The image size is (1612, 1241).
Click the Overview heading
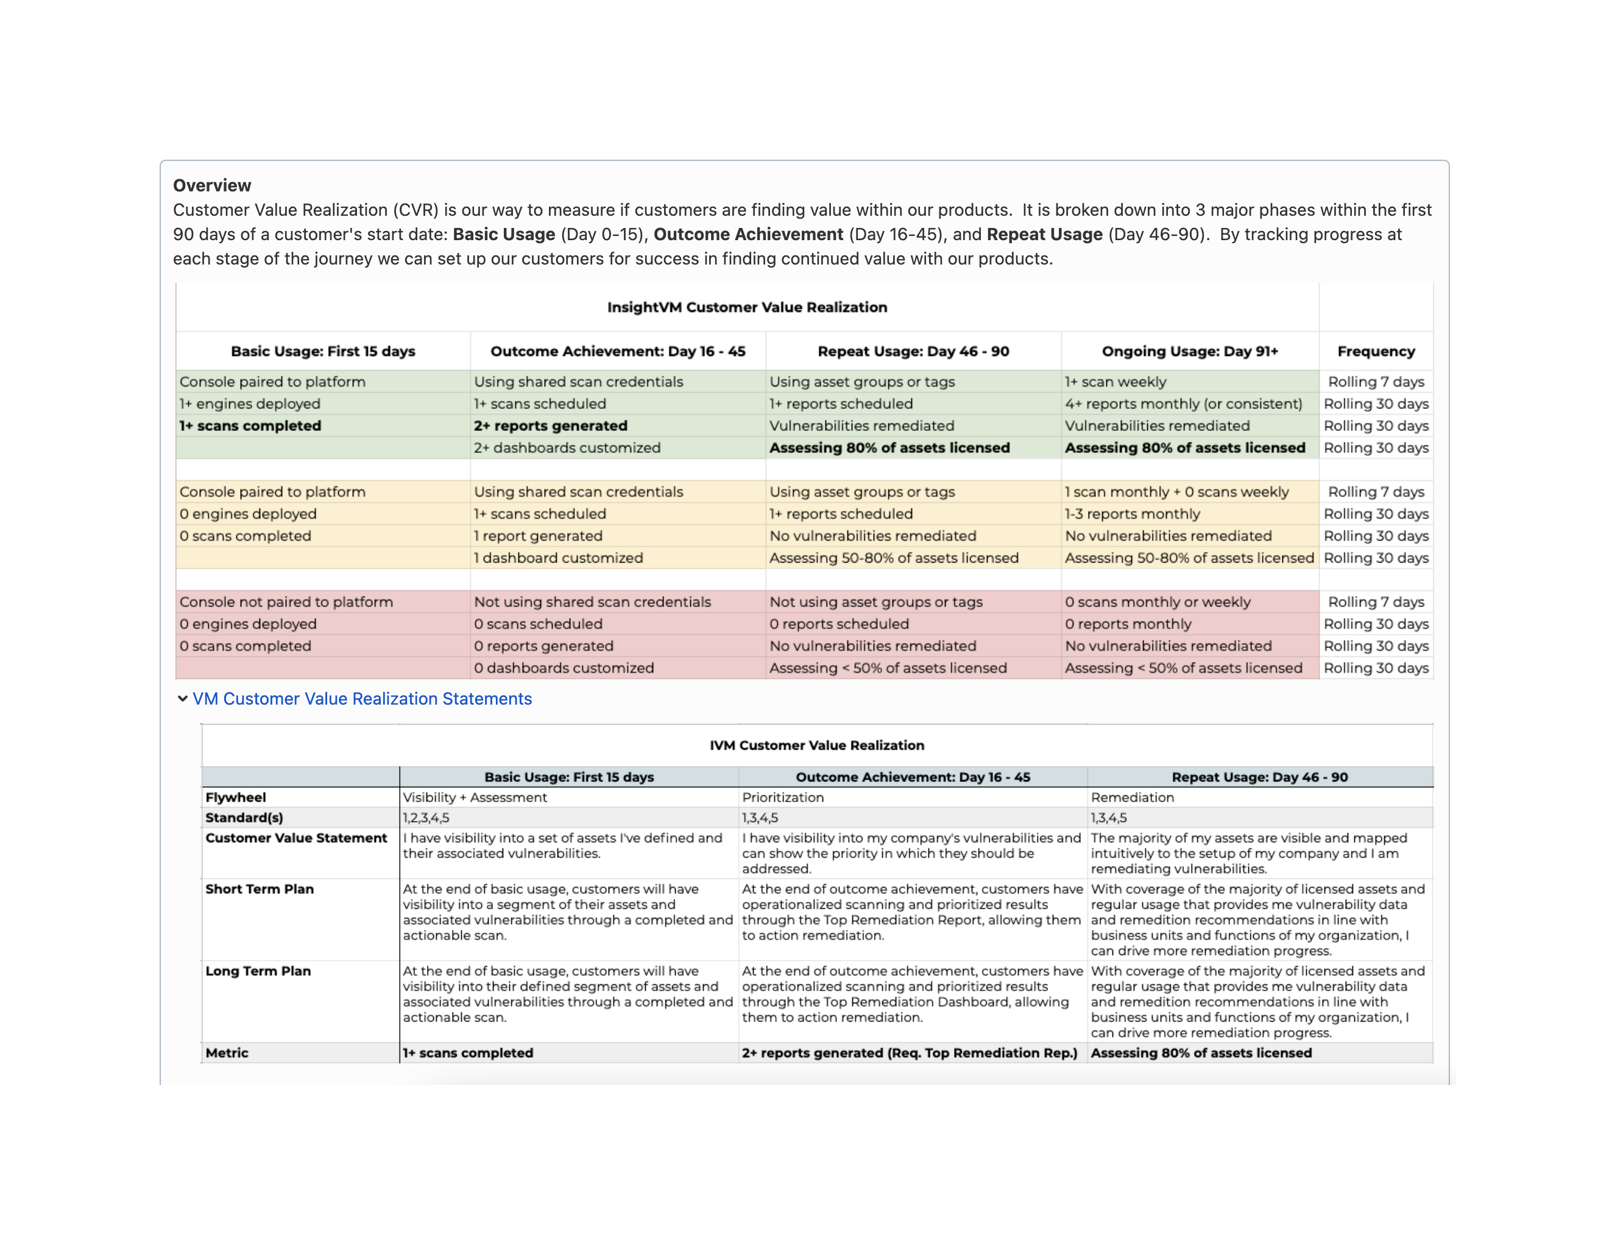click(x=212, y=185)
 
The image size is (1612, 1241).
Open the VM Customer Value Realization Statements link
click(x=362, y=699)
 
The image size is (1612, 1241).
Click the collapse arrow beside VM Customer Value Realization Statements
click(x=182, y=699)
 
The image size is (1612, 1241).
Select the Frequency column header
click(x=1375, y=352)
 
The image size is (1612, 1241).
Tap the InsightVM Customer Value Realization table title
click(x=747, y=307)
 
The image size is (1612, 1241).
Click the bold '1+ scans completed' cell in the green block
click(x=250, y=426)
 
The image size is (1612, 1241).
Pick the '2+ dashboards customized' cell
click(x=567, y=448)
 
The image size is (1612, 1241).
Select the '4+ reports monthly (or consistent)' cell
click(x=1183, y=404)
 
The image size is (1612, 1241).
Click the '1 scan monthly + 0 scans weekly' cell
click(x=1176, y=492)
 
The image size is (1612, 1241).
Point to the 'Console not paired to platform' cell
click(x=286, y=602)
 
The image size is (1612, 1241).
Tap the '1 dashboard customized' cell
click(x=558, y=558)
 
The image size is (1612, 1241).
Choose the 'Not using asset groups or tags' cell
click(x=875, y=602)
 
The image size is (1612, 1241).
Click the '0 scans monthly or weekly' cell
click(x=1158, y=602)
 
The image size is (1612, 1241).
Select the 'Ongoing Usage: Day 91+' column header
click(x=1190, y=352)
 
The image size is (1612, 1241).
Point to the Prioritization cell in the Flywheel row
click(x=782, y=797)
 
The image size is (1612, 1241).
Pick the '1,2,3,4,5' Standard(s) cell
click(x=426, y=818)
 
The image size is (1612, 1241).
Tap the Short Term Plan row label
click(x=259, y=889)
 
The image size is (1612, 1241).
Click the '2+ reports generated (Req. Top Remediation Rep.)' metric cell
click(x=910, y=1053)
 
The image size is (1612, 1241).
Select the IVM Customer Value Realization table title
click(x=816, y=745)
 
